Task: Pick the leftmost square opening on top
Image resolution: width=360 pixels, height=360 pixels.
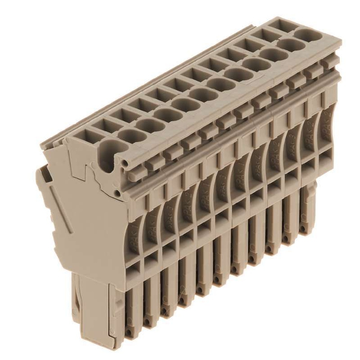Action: click(85, 138)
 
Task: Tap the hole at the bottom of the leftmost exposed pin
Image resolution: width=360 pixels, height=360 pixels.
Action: click(147, 319)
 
